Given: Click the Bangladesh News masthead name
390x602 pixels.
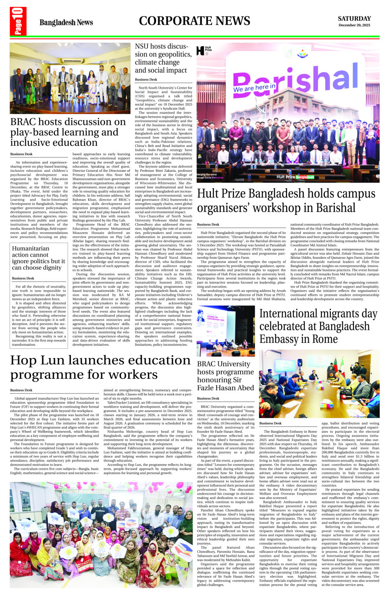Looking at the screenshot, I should point(66,23).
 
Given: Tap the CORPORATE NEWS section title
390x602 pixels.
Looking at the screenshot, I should point(194,21).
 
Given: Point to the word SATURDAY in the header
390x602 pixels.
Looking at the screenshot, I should point(354,19).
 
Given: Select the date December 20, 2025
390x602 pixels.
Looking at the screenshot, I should point(354,25).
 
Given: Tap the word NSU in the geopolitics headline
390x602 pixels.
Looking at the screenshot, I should point(143,46).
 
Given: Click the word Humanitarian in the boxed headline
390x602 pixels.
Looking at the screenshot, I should point(30,248).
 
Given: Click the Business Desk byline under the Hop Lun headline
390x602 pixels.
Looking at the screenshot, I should point(21,390).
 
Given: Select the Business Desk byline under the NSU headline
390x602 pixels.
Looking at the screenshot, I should point(146,80).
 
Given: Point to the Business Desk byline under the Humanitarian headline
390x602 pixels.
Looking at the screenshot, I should point(23,278).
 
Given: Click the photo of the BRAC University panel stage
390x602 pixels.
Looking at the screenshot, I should point(226,331).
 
